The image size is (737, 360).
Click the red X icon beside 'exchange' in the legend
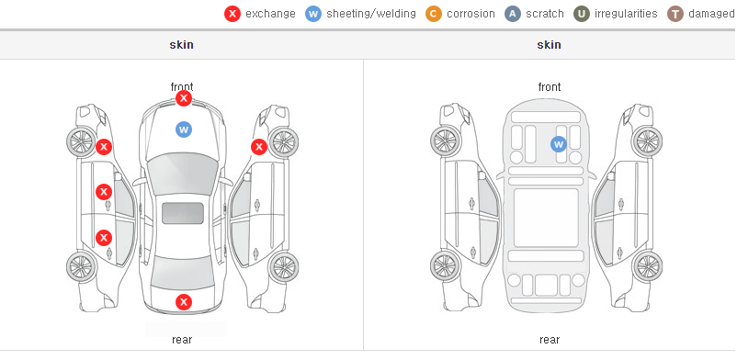232,14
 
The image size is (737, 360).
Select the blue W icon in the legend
313,14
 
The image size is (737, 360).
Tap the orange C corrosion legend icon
434,14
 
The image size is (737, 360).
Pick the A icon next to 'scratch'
513,14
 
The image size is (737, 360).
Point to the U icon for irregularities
582,14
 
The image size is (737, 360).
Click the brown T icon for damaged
675,14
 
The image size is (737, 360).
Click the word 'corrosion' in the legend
471,14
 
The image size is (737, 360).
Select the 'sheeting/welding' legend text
371,14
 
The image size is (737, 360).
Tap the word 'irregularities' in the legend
626,14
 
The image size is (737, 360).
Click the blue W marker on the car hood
184,129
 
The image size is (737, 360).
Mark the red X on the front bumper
184,98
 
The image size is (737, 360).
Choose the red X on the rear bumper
184,302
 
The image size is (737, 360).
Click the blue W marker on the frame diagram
559,144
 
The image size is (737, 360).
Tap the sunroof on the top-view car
183,213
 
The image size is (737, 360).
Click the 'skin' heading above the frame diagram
549,45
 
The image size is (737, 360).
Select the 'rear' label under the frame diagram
550,340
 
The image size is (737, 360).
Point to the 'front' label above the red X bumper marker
182,87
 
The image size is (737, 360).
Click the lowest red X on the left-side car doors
104,238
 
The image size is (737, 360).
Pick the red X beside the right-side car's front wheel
259,147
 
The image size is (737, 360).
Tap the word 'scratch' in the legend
545,14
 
